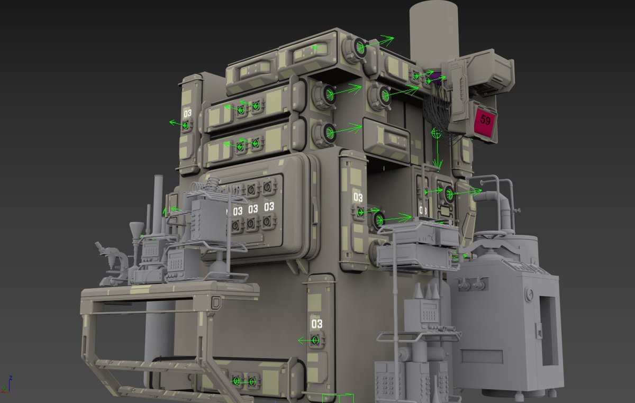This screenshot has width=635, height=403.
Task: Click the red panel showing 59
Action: tap(485, 122)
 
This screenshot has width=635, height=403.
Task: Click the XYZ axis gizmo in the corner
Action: tap(6, 385)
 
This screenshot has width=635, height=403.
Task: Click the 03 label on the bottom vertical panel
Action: tap(316, 324)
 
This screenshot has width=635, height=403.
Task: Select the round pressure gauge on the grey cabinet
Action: tap(529, 295)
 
